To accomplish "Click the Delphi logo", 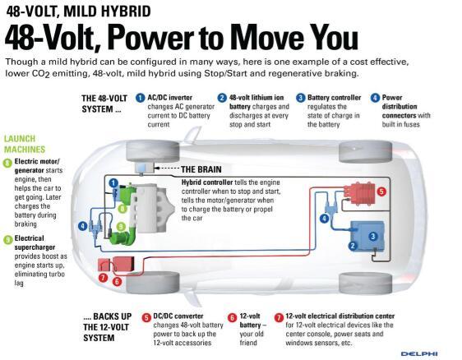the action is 419,353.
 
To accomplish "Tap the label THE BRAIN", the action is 201,169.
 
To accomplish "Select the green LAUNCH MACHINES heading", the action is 25,144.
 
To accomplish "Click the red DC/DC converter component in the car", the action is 359,193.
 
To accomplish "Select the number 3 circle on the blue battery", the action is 373,236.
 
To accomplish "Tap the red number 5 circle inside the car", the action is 381,192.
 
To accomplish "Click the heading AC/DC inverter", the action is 169,98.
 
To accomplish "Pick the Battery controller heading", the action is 334,98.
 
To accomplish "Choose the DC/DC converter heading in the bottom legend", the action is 178,316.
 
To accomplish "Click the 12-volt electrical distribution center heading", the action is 340,316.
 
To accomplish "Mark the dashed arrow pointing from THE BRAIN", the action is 167,168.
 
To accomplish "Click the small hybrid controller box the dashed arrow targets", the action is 144,168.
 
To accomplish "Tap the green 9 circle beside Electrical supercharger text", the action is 7,239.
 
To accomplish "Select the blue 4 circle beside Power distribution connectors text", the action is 375,98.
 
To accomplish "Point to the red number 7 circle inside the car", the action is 103,278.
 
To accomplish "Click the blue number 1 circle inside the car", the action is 113,183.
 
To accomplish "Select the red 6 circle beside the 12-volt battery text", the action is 233,318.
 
